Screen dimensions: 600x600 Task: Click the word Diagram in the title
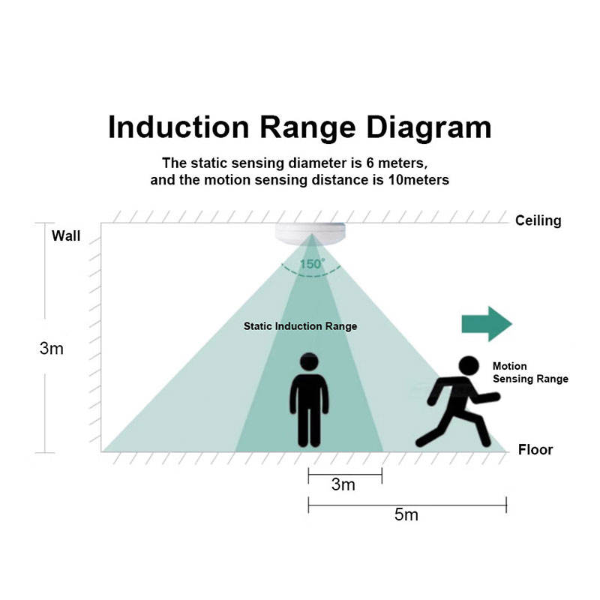pyautogui.click(x=428, y=127)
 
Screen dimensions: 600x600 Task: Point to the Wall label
pyautogui.click(x=66, y=236)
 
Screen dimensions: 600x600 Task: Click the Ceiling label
pyautogui.click(x=538, y=220)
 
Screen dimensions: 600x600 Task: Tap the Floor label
pyautogui.click(x=535, y=450)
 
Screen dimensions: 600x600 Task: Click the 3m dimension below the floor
pyautogui.click(x=343, y=484)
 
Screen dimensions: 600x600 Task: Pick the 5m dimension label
pyautogui.click(x=406, y=515)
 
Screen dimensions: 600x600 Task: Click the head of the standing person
pyautogui.click(x=309, y=362)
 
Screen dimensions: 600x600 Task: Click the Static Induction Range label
pyautogui.click(x=300, y=326)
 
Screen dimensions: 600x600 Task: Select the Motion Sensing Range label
pyautogui.click(x=529, y=373)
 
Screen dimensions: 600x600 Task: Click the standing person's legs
pyautogui.click(x=309, y=424)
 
